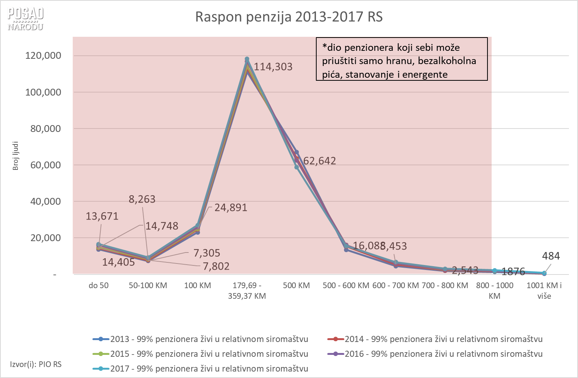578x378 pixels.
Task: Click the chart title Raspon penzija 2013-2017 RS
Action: (x=289, y=17)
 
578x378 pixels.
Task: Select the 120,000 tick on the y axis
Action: (x=43, y=56)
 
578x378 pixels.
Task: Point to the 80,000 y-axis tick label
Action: (x=45, y=129)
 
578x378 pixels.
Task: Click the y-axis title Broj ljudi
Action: (x=16, y=156)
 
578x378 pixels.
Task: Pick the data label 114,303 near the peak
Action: (x=273, y=67)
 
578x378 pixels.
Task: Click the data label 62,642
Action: (x=319, y=161)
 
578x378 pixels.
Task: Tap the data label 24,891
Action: (x=231, y=208)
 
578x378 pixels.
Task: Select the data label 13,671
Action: (x=102, y=216)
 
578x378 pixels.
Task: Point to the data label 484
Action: (x=551, y=256)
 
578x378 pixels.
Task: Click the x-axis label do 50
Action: (x=98, y=285)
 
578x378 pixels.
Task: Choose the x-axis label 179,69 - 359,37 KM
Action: (x=247, y=291)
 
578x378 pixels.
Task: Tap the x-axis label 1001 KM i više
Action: (x=544, y=291)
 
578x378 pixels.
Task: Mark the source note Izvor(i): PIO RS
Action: (x=36, y=364)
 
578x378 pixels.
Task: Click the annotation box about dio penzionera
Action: (x=401, y=59)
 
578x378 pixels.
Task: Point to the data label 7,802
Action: (x=216, y=267)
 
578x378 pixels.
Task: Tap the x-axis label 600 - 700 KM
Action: (x=395, y=285)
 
